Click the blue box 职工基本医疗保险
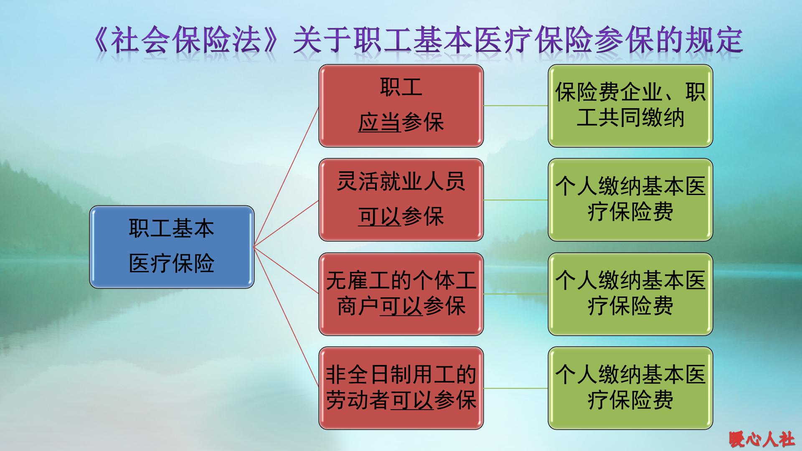point(172,246)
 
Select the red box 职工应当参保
point(401,106)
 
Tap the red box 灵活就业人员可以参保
point(401,200)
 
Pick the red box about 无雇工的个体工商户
point(401,294)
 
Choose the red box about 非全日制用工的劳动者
point(401,388)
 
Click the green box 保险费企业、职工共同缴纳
point(630,106)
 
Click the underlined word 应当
point(379,123)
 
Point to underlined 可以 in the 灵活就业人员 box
point(379,217)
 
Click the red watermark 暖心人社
point(761,440)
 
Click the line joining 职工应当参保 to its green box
point(515,106)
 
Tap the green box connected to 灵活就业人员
point(630,200)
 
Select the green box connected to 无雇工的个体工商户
point(630,294)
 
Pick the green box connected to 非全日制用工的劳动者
point(630,388)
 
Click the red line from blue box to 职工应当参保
point(286,176)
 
